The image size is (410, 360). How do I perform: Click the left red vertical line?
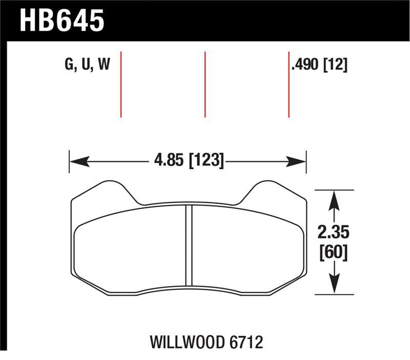pyautogui.click(x=121, y=85)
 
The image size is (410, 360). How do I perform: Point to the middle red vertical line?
pyautogui.click(x=205, y=85)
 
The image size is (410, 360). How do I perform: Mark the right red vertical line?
pyautogui.click(x=289, y=85)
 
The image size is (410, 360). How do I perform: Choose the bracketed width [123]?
pyautogui.click(x=206, y=161)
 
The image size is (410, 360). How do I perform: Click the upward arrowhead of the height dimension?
pyautogui.click(x=334, y=198)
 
